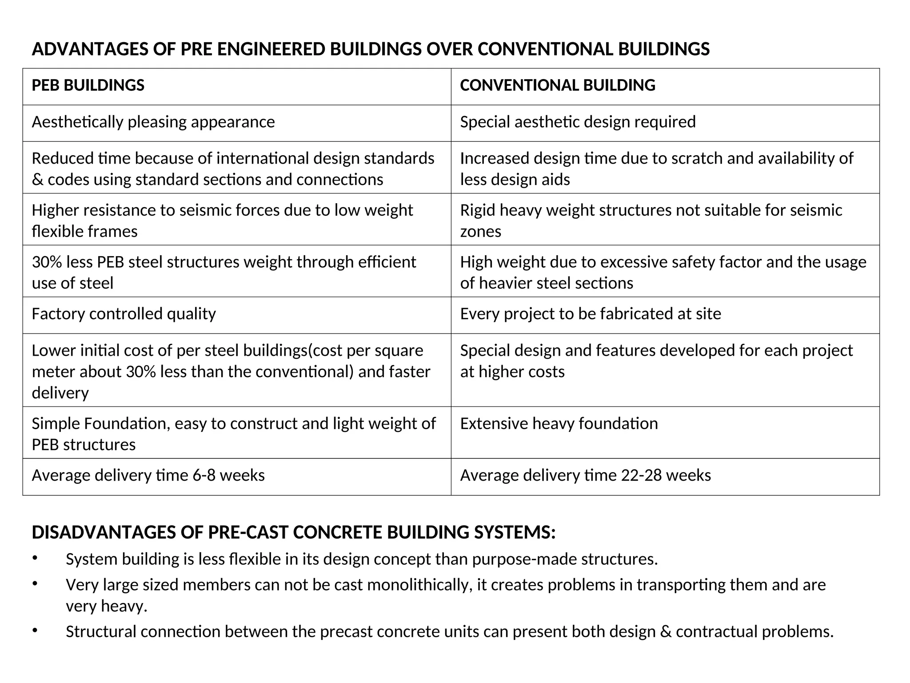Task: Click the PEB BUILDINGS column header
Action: [x=88, y=85]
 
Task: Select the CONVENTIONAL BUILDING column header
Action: [x=557, y=85]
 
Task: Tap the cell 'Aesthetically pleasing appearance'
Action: [x=153, y=122]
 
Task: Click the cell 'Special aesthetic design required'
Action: [x=578, y=122]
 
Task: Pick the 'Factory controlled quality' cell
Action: [x=124, y=314]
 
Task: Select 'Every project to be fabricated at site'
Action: [x=590, y=314]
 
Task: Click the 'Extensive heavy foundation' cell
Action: [x=559, y=424]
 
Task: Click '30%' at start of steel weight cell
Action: [x=46, y=262]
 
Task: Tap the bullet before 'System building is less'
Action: [x=35, y=558]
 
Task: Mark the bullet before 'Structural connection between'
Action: [x=35, y=631]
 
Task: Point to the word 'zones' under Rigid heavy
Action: [x=480, y=232]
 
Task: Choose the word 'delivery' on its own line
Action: [x=60, y=393]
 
